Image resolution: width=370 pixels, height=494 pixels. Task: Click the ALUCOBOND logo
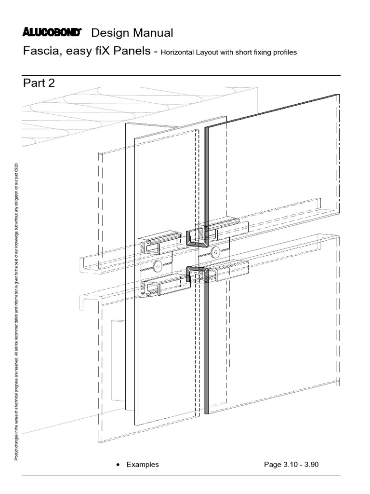pyautogui.click(x=53, y=32)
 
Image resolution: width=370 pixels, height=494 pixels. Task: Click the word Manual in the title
pyautogui.click(x=153, y=33)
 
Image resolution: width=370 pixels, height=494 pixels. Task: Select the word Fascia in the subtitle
pyautogui.click(x=41, y=52)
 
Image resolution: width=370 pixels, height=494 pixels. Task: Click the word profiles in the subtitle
pyautogui.click(x=284, y=52)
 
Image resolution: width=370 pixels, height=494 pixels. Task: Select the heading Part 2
pyautogui.click(x=39, y=83)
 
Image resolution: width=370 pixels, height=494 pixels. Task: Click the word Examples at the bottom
pyautogui.click(x=143, y=465)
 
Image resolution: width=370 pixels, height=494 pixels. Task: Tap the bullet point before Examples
pyautogui.click(x=118, y=465)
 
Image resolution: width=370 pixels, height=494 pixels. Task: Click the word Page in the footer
pyautogui.click(x=272, y=465)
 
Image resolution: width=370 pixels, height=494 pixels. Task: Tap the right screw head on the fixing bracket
pyautogui.click(x=215, y=251)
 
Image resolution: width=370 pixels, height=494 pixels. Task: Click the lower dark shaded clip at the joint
pyautogui.click(x=196, y=272)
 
